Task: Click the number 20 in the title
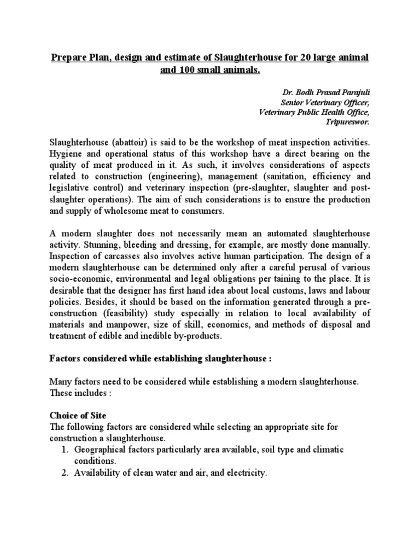click(x=305, y=57)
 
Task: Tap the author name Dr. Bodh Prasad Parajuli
click(x=326, y=92)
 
